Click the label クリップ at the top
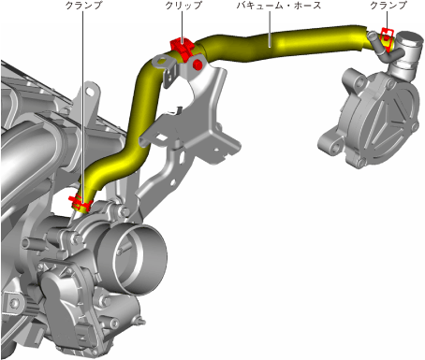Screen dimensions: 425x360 tap(183, 6)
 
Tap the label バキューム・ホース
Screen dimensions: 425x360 tap(278, 6)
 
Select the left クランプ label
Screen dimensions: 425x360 tap(83, 6)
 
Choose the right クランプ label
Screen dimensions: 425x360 tap(388, 6)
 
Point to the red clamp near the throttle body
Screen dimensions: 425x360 tap(80, 203)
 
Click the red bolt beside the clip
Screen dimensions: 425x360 tap(198, 65)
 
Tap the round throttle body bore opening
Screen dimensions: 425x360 tap(138, 259)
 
